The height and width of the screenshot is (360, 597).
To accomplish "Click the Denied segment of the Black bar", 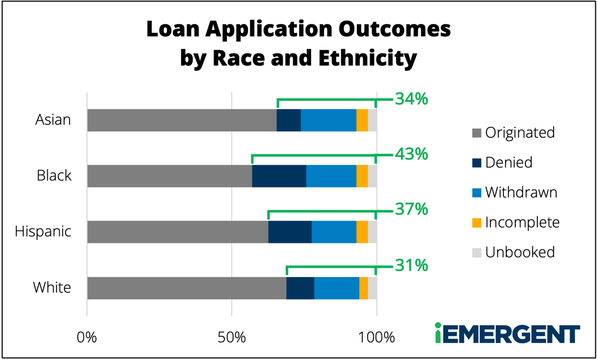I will coord(279,176).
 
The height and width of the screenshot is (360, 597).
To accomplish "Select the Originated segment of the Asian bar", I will coord(182,120).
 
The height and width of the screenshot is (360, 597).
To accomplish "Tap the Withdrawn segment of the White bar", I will coord(336,288).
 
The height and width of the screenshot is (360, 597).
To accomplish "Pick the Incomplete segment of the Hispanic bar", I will coord(362,232).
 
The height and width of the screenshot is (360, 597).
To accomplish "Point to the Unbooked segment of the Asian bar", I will coord(372,120).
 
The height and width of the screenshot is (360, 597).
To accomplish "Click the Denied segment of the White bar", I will coord(300,288).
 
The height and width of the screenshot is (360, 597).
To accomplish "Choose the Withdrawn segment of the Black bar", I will coord(331,176).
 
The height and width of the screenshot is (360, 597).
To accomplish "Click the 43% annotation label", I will coord(411,154).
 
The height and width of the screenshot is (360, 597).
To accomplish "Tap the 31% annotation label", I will coord(411,266).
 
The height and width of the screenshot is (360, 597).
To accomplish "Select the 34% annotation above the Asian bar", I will coord(411,99).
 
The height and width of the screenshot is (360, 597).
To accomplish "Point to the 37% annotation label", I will coord(411,209).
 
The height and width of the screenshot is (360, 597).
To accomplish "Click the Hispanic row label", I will coord(43,232).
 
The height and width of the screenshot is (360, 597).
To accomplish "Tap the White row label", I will coord(52,287).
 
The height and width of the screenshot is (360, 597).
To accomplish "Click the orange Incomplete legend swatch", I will coord(477,223).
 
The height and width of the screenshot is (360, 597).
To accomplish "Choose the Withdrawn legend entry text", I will coord(521,192).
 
